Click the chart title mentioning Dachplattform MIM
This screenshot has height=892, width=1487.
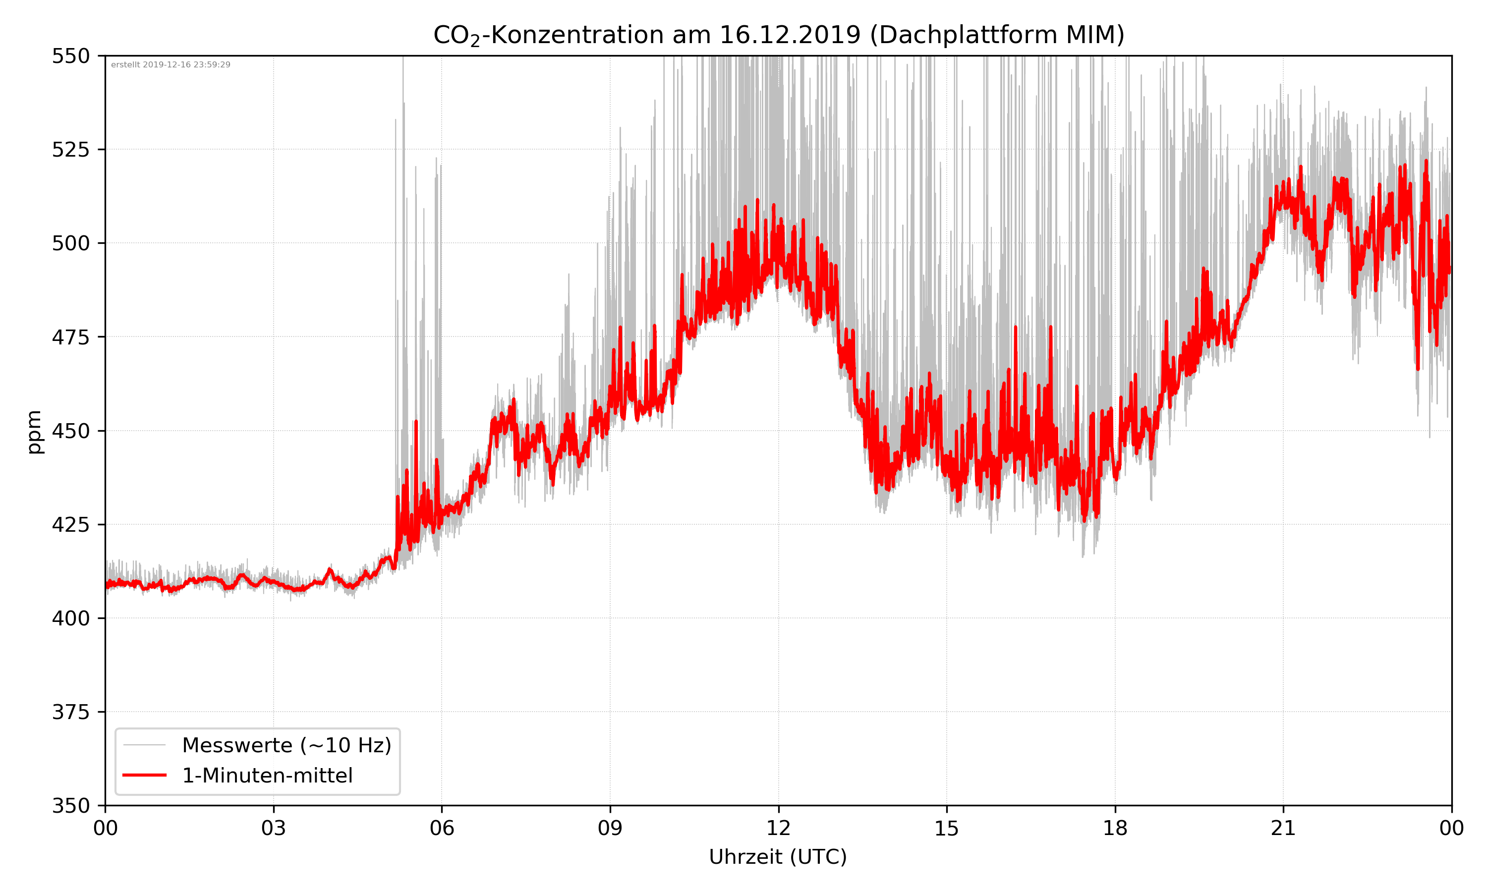[x=778, y=35]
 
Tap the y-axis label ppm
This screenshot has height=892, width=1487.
[x=34, y=432]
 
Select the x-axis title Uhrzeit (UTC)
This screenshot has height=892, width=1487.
[x=778, y=856]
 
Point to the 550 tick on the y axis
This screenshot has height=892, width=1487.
[x=70, y=56]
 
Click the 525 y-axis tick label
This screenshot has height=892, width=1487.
[x=70, y=150]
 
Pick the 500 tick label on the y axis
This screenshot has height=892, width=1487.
[x=70, y=243]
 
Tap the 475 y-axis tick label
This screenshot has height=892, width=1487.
[x=70, y=337]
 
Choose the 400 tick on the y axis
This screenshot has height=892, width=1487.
[x=70, y=618]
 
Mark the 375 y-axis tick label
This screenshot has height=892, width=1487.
[x=70, y=712]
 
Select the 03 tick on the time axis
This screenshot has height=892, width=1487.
[x=274, y=828]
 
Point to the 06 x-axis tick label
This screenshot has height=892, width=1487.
[x=442, y=828]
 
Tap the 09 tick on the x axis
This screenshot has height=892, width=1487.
[x=610, y=828]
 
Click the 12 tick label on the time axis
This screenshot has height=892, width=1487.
[x=778, y=828]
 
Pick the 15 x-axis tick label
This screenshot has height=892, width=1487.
[x=947, y=828]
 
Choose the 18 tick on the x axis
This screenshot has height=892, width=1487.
[x=1115, y=828]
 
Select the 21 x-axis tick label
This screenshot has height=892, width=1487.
[x=1283, y=828]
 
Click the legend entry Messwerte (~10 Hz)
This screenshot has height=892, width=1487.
[x=286, y=745]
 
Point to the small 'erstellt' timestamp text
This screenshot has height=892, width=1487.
[x=171, y=65]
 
